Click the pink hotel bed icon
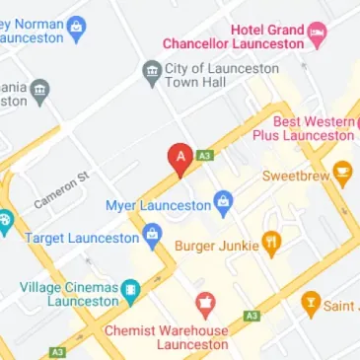[317, 35]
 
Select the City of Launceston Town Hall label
[215, 75]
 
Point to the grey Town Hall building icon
[151, 70]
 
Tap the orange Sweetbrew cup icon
[342, 175]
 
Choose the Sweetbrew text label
[295, 176]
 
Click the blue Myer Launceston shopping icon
[224, 205]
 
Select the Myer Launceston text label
[159, 205]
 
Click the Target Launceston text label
[81, 238]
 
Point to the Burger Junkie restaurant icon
[271, 243]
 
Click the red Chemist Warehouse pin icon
[205, 302]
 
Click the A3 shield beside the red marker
[205, 155]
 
